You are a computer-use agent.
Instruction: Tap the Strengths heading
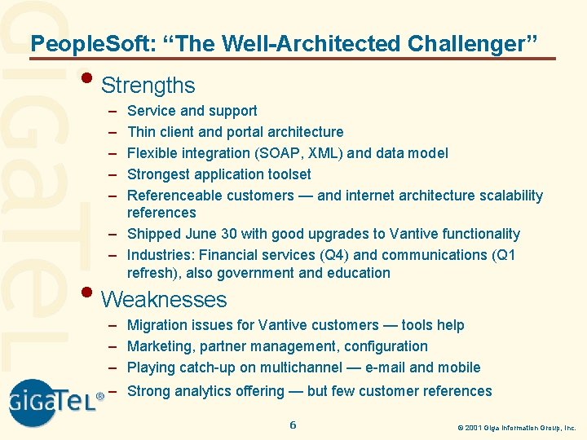(148, 85)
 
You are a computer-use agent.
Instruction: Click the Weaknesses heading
(163, 299)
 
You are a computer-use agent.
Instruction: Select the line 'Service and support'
(192, 111)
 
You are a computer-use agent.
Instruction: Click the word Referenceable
(174, 196)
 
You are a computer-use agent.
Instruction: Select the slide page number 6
(293, 425)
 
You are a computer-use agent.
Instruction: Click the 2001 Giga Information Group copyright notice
(516, 427)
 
